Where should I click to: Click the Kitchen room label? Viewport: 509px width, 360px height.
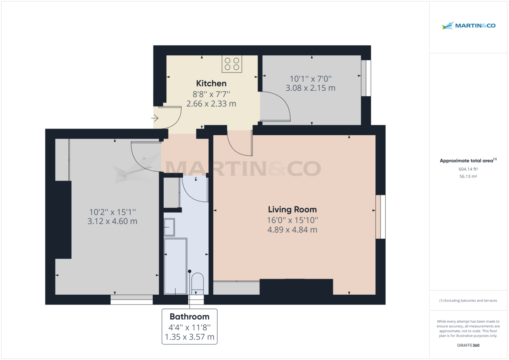click(x=211, y=84)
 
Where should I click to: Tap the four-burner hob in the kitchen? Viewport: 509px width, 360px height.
click(x=232, y=64)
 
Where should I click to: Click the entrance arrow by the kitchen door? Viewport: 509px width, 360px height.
click(x=155, y=118)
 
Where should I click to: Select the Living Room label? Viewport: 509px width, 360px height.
click(x=292, y=209)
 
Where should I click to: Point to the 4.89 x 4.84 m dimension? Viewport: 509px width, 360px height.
click(x=292, y=230)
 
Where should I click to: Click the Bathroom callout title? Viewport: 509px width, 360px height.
click(x=190, y=316)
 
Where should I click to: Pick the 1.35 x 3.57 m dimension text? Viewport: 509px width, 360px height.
click(x=190, y=338)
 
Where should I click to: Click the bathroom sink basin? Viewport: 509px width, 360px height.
click(x=169, y=227)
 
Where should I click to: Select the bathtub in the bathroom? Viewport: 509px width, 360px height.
click(x=175, y=266)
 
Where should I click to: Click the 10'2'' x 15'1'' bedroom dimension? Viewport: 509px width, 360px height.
click(x=112, y=212)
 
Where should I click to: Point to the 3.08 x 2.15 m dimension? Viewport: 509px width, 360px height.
click(x=310, y=88)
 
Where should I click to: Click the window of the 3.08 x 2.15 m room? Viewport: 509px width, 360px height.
click(x=366, y=78)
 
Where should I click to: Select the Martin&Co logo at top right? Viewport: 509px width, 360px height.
click(x=468, y=26)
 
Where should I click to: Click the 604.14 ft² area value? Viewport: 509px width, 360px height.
click(x=468, y=169)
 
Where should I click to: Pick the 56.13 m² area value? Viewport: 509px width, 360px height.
click(x=468, y=176)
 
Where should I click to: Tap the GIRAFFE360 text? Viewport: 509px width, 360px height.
click(x=468, y=345)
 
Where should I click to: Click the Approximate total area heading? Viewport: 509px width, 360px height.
click(x=468, y=161)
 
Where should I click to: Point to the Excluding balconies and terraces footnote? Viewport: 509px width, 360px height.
click(x=468, y=300)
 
